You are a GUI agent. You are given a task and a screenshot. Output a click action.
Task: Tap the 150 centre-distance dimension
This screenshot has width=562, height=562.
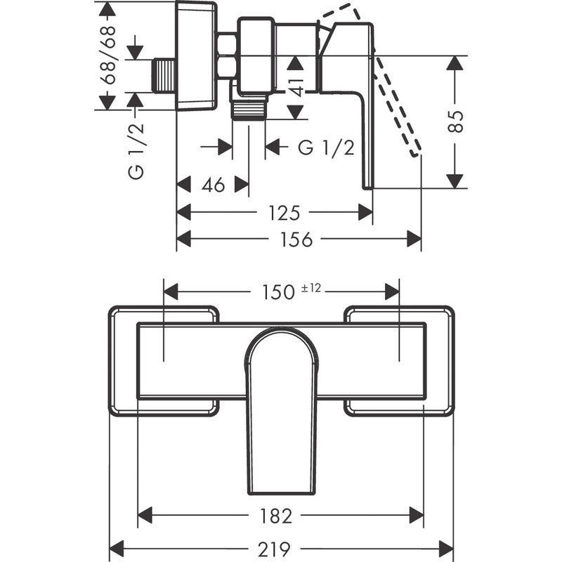[280, 292]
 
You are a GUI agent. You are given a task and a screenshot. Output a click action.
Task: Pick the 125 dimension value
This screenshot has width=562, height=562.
[285, 212]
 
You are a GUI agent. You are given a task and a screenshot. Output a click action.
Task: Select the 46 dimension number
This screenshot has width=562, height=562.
[213, 185]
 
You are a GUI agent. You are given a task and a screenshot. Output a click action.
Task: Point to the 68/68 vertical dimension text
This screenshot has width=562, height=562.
[107, 55]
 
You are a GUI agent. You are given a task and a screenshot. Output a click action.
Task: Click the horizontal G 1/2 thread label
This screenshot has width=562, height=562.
[325, 148]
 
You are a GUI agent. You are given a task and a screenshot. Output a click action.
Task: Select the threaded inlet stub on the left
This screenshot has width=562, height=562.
[164, 75]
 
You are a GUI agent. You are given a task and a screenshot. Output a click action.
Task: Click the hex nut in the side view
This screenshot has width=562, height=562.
[227, 56]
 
